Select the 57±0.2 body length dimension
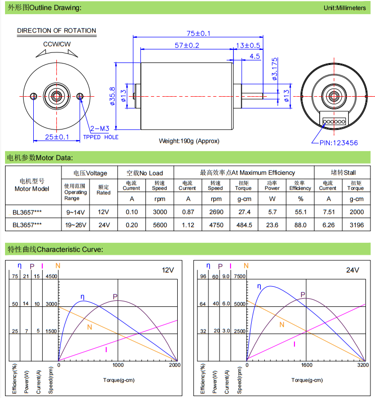click(187, 45)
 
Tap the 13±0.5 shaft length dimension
click(248, 45)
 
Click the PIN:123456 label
click(338, 143)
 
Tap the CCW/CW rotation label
click(57, 44)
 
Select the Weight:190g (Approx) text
click(189, 141)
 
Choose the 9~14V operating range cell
click(76, 212)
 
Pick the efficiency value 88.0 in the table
click(300, 225)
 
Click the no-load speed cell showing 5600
click(160, 225)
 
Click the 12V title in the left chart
click(168, 270)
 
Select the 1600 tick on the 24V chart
click(307, 365)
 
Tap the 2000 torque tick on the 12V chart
click(174, 365)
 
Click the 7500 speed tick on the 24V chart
click(239, 276)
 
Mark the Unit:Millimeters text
click(344, 8)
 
